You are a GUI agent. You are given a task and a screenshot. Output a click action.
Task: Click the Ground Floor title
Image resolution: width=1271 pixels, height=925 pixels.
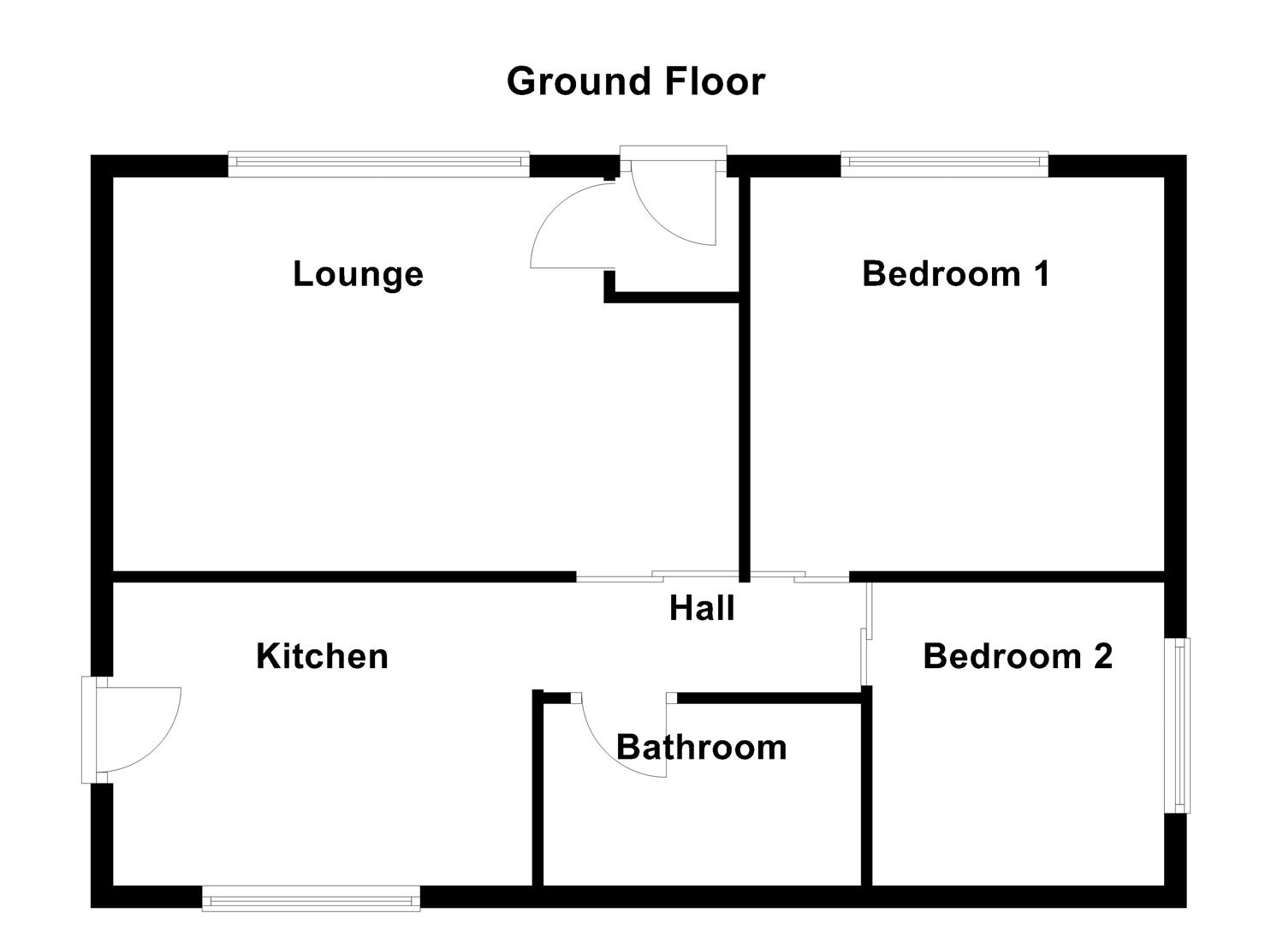coord(635,81)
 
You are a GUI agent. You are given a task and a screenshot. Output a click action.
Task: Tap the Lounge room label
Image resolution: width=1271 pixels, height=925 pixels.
coord(358,274)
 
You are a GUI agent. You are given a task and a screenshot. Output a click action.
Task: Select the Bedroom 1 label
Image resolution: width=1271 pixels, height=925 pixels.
coord(955,274)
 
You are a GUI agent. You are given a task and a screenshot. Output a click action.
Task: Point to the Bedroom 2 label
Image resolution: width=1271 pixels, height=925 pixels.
coord(1018,656)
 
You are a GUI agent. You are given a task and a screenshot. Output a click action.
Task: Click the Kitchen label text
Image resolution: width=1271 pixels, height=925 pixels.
coord(322,656)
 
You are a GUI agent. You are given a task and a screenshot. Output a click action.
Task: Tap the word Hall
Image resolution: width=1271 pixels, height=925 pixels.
coord(702,608)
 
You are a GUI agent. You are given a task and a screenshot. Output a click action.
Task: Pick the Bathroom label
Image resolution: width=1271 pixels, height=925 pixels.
coord(701,747)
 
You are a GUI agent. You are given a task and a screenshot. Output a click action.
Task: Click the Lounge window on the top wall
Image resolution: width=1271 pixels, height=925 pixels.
coord(378,164)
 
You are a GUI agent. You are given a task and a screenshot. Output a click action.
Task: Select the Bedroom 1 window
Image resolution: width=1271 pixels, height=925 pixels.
coord(944,164)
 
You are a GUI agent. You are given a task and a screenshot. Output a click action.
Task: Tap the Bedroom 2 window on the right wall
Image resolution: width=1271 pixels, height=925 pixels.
coord(1181,725)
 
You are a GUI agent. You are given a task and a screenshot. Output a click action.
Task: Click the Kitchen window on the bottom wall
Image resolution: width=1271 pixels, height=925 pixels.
coord(311,898)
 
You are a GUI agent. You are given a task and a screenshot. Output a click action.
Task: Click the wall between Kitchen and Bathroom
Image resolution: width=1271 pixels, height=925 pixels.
coord(538,788)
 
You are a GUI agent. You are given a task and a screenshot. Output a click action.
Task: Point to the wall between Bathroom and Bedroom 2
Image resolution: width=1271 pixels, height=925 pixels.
coord(866,788)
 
